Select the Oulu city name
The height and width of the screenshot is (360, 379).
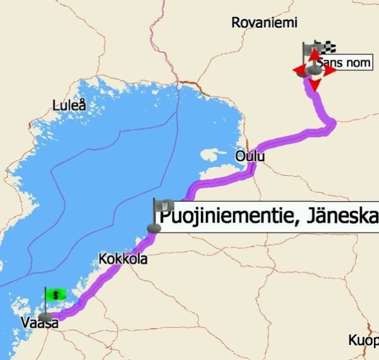[250, 156]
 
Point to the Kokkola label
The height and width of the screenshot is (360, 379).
[123, 259]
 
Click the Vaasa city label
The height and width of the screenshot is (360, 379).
[40, 323]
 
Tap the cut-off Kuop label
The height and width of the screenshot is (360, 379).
[363, 340]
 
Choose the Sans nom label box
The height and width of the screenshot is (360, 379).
[345, 62]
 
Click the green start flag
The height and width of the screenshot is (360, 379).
[56, 294]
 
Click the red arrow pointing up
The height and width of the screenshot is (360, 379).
[314, 54]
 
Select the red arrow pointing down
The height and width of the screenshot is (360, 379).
[315, 85]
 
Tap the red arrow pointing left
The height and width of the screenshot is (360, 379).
[299, 69]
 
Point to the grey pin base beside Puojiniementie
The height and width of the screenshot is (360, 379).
[153, 228]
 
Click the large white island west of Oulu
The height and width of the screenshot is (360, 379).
[213, 153]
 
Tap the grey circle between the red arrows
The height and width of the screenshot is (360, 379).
[314, 69]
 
